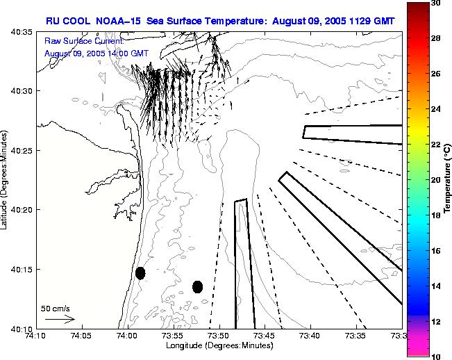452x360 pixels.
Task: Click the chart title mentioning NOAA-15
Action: click(x=220, y=21)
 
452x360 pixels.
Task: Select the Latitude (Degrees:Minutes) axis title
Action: click(x=6, y=181)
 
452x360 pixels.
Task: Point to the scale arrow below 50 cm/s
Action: click(x=60, y=319)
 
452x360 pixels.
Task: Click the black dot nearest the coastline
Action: click(x=140, y=273)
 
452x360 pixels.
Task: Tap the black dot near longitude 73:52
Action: click(x=197, y=286)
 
